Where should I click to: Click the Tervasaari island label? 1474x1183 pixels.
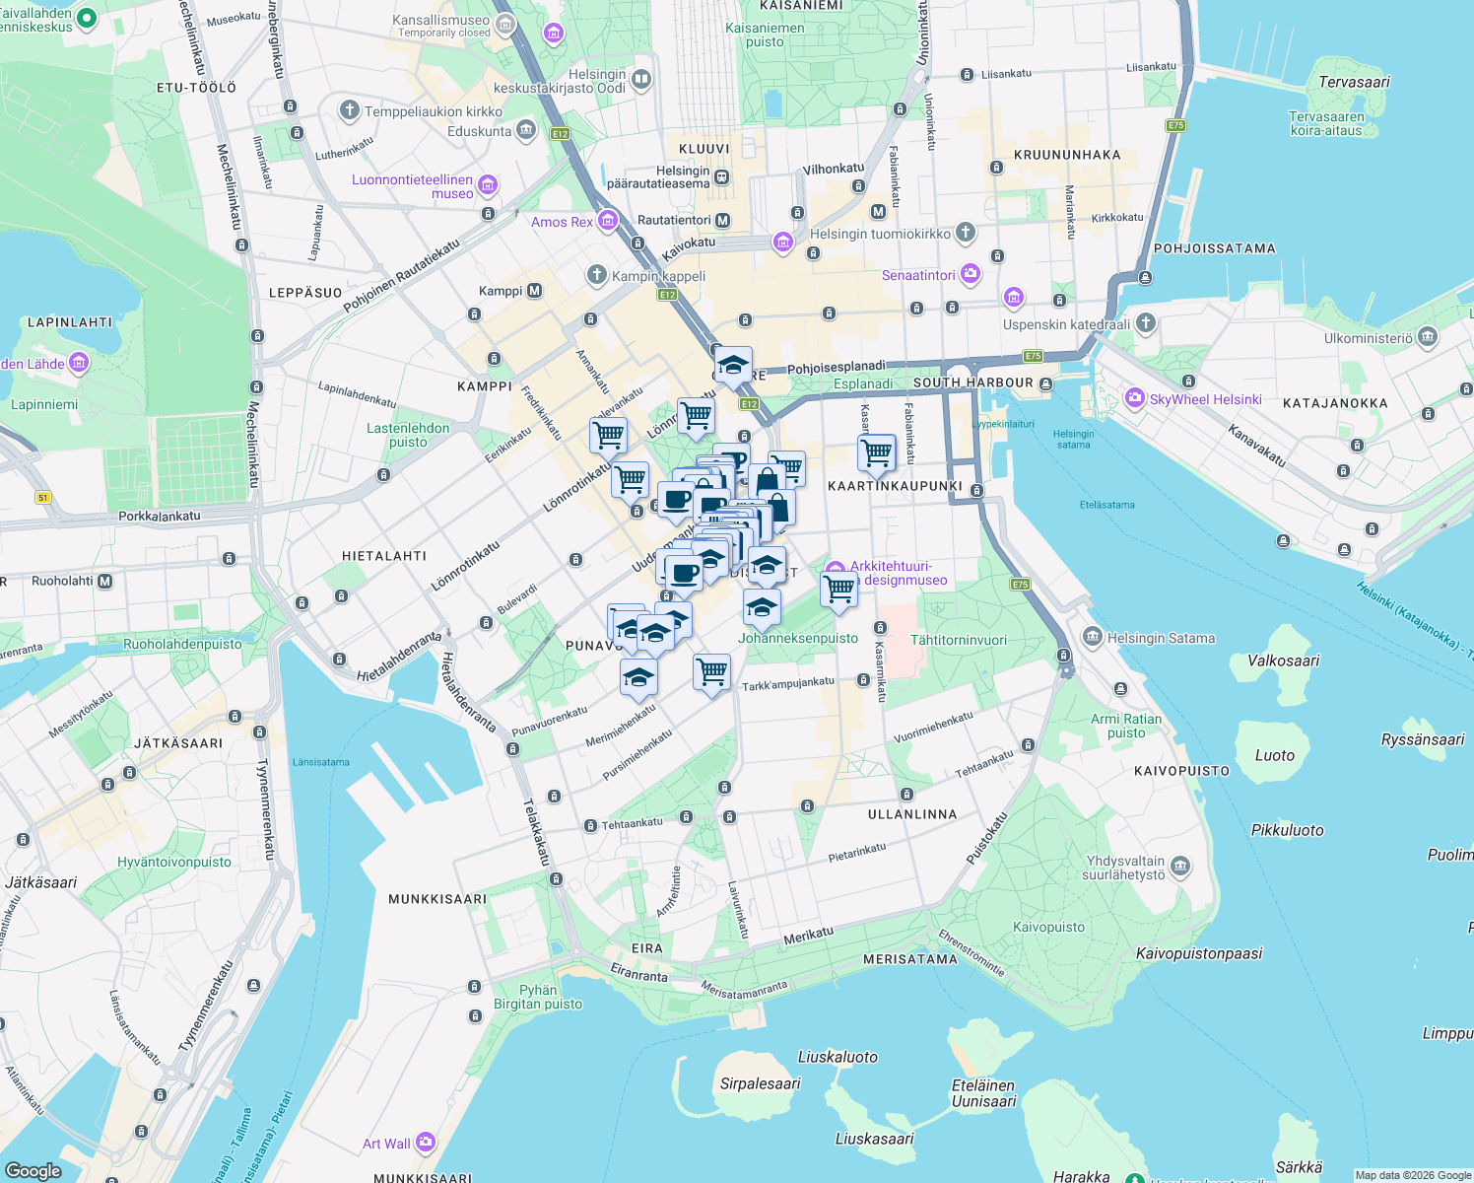[1354, 82]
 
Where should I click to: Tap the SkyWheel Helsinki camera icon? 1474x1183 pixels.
[1134, 399]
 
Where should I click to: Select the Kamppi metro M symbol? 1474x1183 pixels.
[535, 291]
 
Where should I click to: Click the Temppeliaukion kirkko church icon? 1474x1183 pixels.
[350, 110]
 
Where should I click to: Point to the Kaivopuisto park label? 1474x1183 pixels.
[1048, 927]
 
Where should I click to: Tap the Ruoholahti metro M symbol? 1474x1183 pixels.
[105, 581]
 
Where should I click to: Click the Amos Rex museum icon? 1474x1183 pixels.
[608, 221]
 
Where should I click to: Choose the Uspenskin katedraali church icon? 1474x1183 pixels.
[1145, 322]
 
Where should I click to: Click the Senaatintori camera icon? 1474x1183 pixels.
[971, 274]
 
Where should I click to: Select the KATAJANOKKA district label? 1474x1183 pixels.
[1335, 403]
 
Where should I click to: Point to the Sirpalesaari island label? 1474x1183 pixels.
[760, 1083]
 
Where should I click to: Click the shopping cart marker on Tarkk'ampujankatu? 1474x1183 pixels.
[711, 673]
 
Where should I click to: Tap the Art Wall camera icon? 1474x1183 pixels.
[426, 1143]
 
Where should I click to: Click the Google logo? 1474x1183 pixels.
[33, 1170]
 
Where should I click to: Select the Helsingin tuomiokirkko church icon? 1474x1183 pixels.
[966, 233]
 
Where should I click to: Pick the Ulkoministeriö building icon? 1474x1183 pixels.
[1428, 337]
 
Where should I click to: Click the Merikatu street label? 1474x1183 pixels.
[809, 936]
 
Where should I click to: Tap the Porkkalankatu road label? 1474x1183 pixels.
[160, 516]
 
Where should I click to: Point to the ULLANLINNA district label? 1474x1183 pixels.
[911, 814]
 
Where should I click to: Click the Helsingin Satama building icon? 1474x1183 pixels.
[1092, 637]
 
